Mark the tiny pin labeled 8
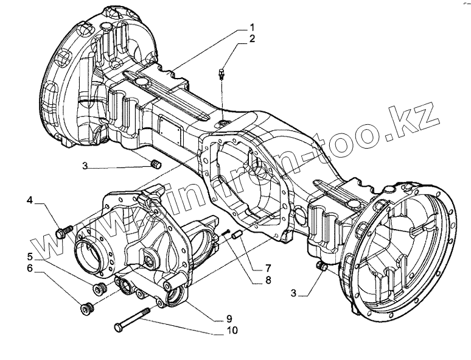click(x=226, y=231)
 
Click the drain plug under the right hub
click(x=323, y=267)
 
